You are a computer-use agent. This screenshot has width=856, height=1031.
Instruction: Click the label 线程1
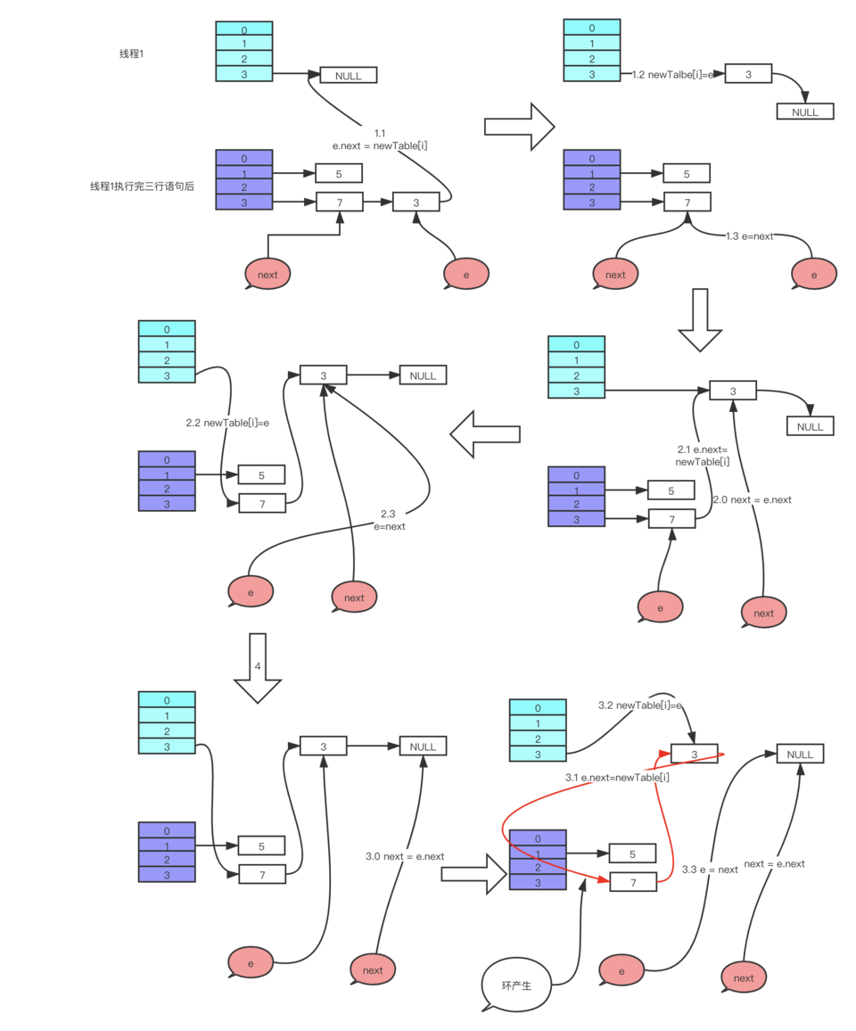pos(131,54)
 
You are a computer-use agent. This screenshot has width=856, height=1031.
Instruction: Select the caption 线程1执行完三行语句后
pos(142,186)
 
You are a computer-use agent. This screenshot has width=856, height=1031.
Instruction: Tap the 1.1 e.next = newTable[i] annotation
pos(380,139)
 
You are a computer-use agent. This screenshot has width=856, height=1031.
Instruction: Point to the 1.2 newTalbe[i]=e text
pos(672,75)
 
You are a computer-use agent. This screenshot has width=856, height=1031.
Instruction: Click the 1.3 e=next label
pos(750,236)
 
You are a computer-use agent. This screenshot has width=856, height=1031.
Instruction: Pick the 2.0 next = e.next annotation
pos(753,499)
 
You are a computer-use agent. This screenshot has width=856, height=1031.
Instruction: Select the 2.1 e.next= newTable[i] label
pos(702,456)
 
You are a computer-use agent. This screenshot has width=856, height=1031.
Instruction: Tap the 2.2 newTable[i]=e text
pos(227,423)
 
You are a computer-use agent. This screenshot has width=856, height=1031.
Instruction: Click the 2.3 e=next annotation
pos(389,520)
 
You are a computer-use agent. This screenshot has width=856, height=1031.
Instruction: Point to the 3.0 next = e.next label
pos(405,856)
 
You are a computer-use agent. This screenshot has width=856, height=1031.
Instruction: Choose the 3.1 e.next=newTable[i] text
pos(617,777)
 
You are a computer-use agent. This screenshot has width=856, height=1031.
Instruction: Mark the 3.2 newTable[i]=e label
pos(640,705)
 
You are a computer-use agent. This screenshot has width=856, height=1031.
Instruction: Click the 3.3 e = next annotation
pos(710,870)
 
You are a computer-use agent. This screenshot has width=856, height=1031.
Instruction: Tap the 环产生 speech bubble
pos(517,985)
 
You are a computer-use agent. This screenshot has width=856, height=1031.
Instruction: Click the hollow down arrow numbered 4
pos(258,668)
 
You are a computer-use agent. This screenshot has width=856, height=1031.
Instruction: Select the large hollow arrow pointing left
pos(485,434)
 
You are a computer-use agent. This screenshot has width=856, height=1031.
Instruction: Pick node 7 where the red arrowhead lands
pos(633,882)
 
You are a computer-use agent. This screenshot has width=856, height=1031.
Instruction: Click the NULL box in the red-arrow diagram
pos(800,755)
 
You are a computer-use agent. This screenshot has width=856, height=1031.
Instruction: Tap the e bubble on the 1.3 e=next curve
pos(814,274)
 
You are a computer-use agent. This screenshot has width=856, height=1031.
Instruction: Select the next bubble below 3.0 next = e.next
pos(373,969)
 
